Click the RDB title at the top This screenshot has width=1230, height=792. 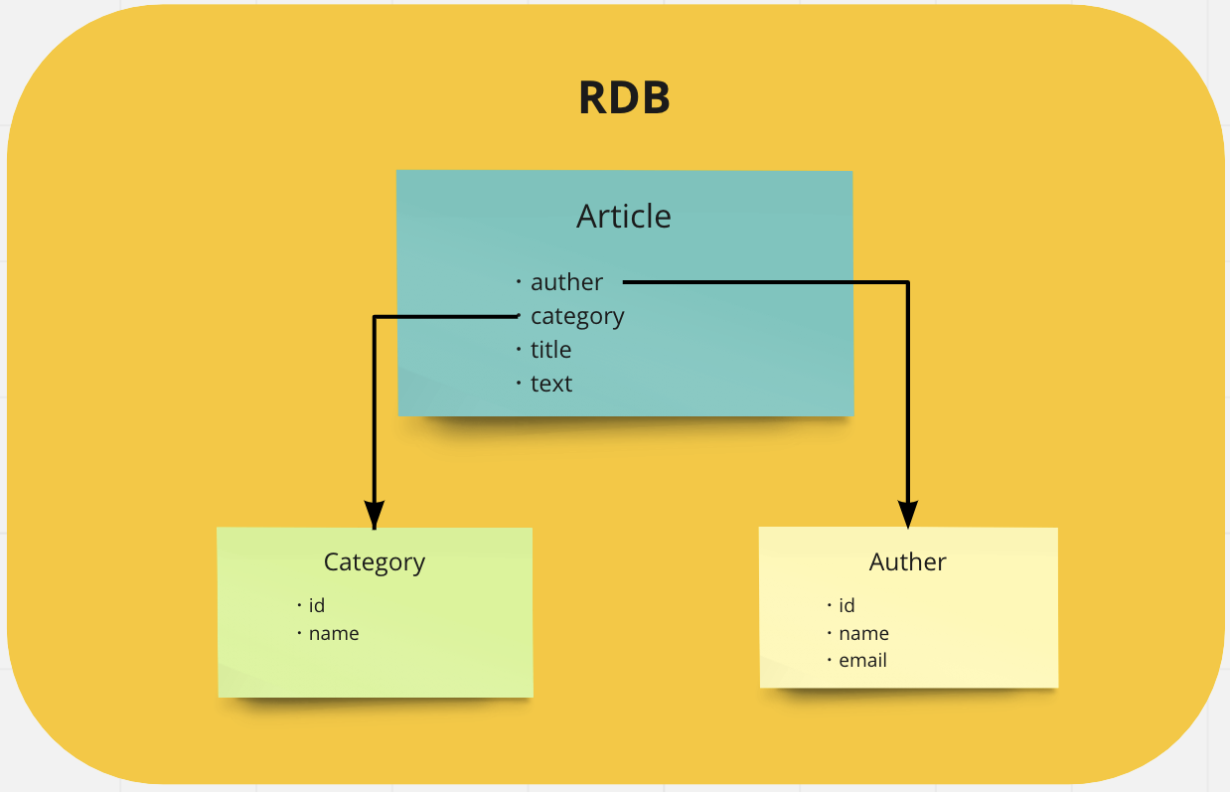point(624,98)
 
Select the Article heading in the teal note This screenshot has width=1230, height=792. point(624,216)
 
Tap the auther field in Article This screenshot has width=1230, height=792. point(566,282)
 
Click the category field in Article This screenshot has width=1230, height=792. point(577,317)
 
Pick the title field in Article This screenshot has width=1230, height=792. point(550,350)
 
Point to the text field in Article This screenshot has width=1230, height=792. point(551,384)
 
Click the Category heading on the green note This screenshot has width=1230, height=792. point(375,562)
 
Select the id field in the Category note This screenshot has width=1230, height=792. point(317,605)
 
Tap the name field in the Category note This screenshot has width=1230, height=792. point(334,633)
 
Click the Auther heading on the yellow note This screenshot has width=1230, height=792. point(907,562)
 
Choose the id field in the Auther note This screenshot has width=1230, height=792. point(846,605)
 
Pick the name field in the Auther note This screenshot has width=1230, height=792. point(863,633)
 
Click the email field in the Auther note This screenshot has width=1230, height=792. point(862,660)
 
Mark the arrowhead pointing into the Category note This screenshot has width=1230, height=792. point(374,515)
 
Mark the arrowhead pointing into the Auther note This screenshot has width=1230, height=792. point(907,514)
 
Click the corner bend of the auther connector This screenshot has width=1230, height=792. point(907,283)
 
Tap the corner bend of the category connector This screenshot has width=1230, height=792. point(374,318)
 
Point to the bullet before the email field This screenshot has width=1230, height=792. point(829,660)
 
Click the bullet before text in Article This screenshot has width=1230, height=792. point(519,384)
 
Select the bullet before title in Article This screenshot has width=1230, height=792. point(519,350)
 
